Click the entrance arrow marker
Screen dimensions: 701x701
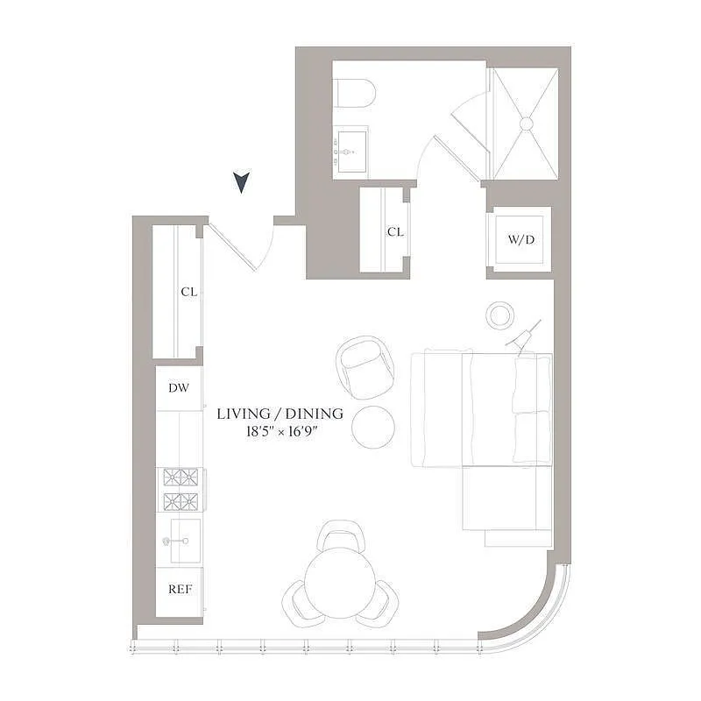pyautogui.click(x=242, y=182)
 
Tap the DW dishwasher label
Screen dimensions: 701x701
pyautogui.click(x=180, y=386)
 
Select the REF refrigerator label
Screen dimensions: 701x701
pyautogui.click(x=180, y=588)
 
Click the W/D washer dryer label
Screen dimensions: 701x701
pyautogui.click(x=520, y=240)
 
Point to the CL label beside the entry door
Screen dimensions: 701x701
pyautogui.click(x=188, y=293)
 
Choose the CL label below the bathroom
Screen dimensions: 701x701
pyautogui.click(x=395, y=232)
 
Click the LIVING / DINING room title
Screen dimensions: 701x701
pyautogui.click(x=280, y=414)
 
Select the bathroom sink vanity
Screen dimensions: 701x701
pyautogui.click(x=351, y=152)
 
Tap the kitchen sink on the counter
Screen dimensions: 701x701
pyautogui.click(x=181, y=542)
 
